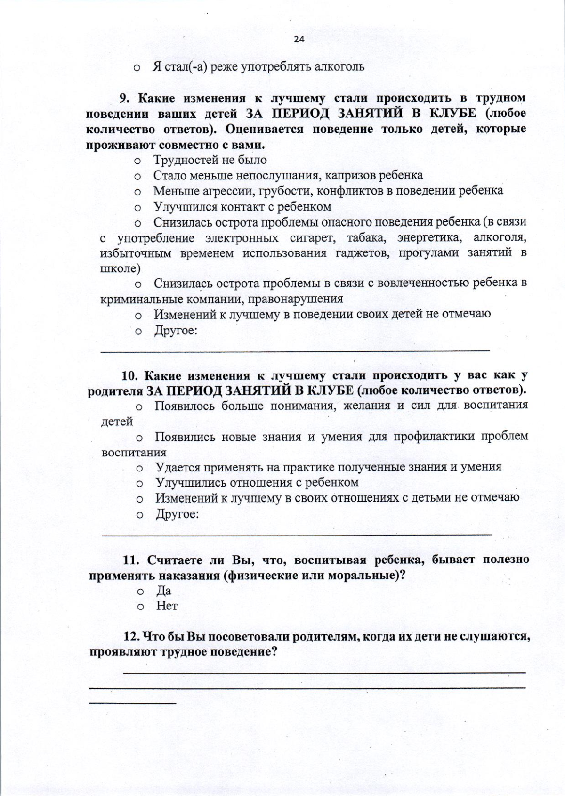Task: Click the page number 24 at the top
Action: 299,40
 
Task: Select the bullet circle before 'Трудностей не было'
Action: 138,161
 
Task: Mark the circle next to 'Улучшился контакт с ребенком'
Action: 138,208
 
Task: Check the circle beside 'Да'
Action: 140,592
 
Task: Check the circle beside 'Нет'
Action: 140,607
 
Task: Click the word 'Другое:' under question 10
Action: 177,514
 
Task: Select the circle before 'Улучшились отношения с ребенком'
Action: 139,484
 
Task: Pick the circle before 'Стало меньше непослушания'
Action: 138,177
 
